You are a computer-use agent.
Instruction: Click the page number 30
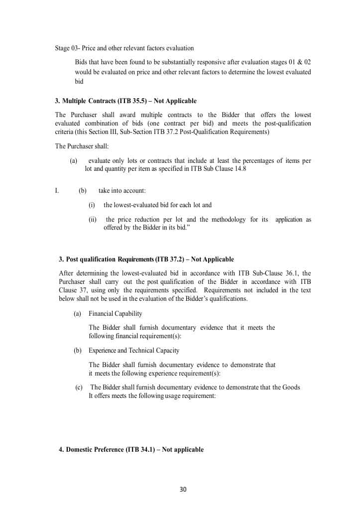pos(183,489)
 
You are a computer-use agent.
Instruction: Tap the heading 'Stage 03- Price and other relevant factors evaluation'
pos(124,48)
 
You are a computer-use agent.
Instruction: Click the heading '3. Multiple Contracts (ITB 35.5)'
pos(125,101)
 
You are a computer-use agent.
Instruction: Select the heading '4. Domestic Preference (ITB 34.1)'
pos(131,449)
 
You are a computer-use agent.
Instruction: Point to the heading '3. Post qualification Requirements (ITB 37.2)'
pos(146,259)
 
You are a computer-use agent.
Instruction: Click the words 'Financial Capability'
pos(115,314)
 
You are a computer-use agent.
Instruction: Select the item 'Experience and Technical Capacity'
pos(134,351)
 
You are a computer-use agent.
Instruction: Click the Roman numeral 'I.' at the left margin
pos(57,190)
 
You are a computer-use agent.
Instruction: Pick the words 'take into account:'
pos(122,190)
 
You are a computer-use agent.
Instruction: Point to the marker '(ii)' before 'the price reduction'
pos(93,220)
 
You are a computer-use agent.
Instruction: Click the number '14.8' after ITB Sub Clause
pos(240,169)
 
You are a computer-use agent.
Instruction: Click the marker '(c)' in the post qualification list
pos(79,387)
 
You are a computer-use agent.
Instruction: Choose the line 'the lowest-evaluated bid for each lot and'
pos(157,205)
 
